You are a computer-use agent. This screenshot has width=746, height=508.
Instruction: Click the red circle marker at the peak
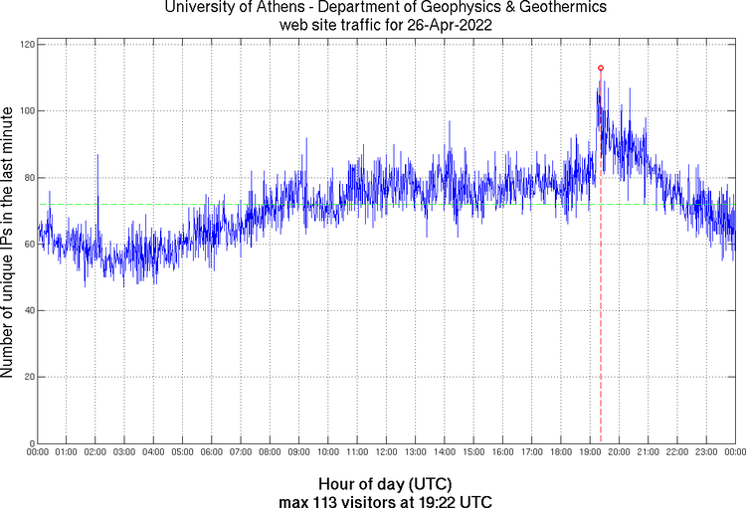tap(601, 68)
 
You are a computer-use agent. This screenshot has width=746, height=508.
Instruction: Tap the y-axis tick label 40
tap(28, 311)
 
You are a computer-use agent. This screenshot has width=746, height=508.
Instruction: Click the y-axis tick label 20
tap(28, 378)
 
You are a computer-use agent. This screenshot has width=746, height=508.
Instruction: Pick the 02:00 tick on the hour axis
tap(95, 452)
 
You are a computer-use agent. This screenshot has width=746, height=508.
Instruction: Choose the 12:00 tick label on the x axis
tap(386, 452)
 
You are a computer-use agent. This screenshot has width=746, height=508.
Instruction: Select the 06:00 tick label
tap(212, 452)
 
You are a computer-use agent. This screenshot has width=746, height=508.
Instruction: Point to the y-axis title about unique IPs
tap(9, 245)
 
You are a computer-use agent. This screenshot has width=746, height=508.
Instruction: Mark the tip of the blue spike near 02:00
tap(97, 154)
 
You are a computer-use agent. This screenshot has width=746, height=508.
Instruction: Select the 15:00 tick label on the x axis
tap(473, 452)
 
